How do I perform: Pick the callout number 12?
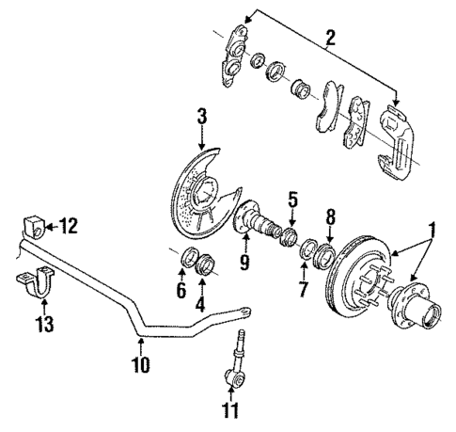pyautogui.click(x=68, y=226)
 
